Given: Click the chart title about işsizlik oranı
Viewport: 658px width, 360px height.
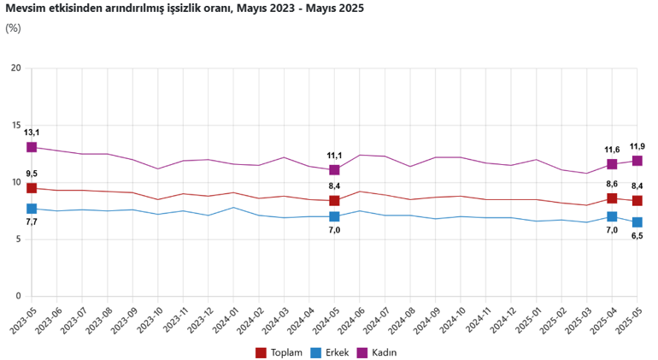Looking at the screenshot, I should point(185,9).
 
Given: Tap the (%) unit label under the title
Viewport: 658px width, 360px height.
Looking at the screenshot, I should point(13,27).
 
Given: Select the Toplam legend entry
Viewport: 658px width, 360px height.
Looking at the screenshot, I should point(279,351).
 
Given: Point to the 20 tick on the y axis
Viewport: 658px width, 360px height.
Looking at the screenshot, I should point(15,68).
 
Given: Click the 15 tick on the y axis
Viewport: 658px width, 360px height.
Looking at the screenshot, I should point(15,126).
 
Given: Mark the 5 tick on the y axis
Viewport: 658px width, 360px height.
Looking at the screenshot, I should point(17,239).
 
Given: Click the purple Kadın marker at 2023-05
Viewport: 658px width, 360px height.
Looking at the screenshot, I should point(32,147).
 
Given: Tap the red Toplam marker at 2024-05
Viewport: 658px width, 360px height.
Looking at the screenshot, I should point(334,201).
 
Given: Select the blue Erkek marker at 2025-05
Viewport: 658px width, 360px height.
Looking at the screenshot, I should point(637,222).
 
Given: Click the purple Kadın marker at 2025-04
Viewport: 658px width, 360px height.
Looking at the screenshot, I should point(612,164).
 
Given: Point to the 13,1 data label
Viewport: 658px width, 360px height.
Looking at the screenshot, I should point(32,133).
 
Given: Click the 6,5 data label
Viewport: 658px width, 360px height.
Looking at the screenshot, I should point(637,236).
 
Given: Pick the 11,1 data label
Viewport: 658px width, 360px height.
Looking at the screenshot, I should point(334,156).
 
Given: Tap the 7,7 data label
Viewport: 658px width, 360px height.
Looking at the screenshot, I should point(32,222).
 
